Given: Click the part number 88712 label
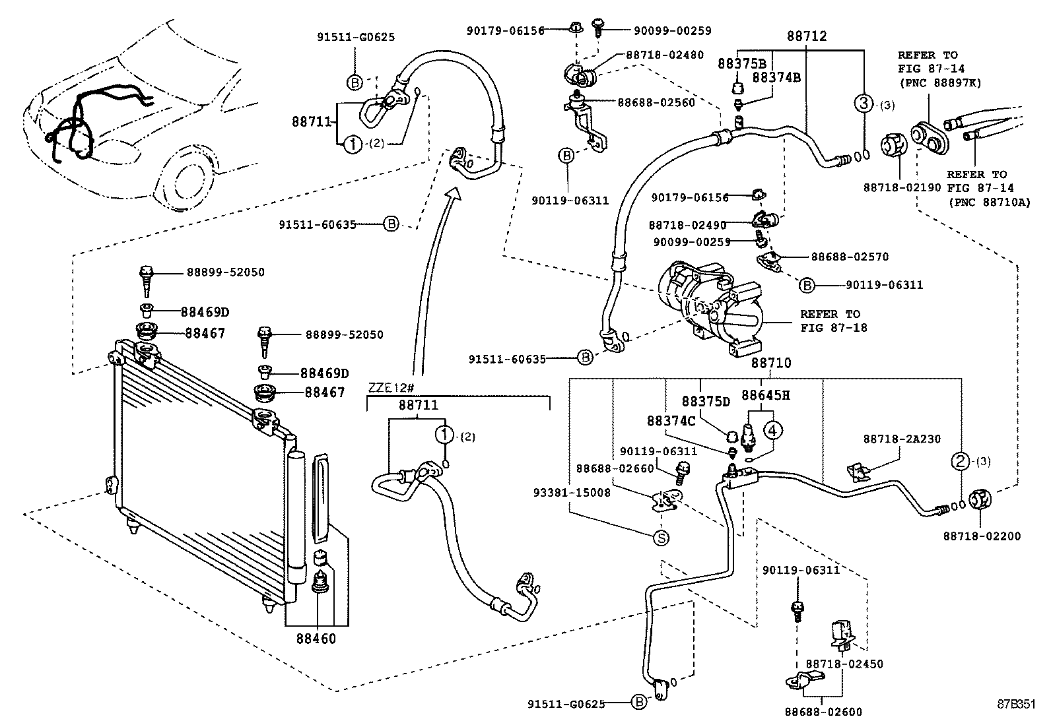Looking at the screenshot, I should (x=806, y=36).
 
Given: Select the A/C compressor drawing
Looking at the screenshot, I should (x=716, y=307).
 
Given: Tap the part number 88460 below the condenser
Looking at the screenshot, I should (x=316, y=639).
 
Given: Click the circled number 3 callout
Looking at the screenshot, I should (x=864, y=103).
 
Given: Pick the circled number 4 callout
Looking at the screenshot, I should (x=773, y=430).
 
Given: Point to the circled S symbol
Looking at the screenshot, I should (x=661, y=538).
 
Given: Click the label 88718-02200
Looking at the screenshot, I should (x=981, y=536).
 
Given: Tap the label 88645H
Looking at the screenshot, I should (x=765, y=395).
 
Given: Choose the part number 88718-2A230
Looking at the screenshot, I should (x=902, y=439).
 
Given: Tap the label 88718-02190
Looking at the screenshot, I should (x=901, y=187).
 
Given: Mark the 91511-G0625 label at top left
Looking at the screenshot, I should (x=355, y=38).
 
